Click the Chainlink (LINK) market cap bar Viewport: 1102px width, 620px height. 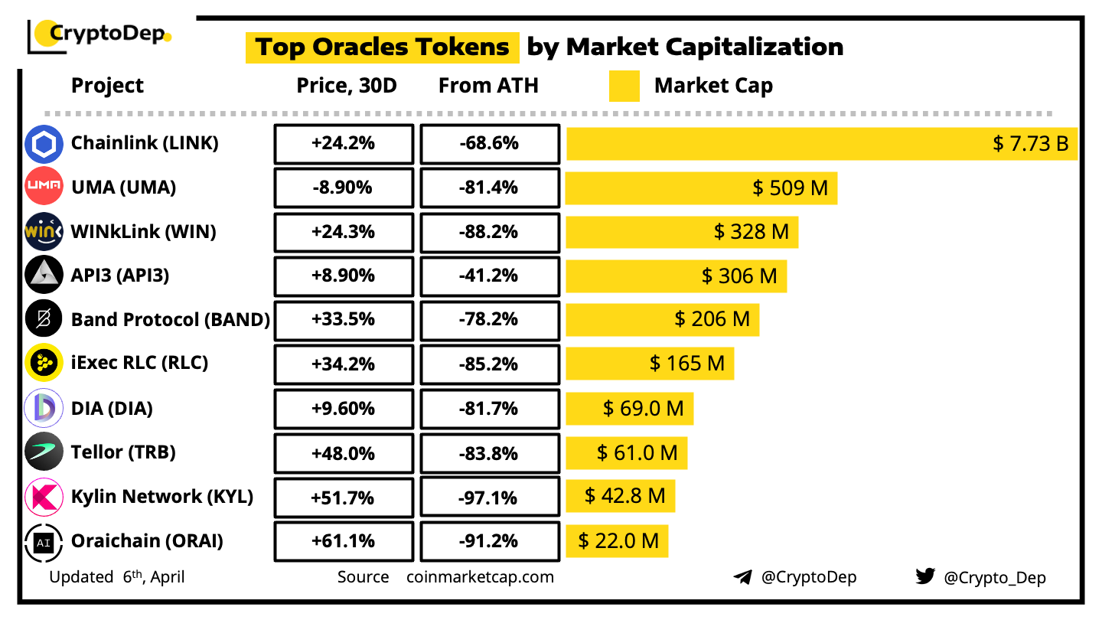[x=821, y=143]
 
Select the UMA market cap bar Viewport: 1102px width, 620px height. [x=701, y=188]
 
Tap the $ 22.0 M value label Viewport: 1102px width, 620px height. [x=618, y=541]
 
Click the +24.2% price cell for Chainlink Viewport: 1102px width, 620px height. [x=344, y=143]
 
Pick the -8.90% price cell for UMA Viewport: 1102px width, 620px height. [x=344, y=188]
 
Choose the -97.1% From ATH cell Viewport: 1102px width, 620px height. [x=489, y=498]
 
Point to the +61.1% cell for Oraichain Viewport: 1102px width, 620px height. [x=344, y=541]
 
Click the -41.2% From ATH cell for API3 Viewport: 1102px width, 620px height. [x=489, y=276]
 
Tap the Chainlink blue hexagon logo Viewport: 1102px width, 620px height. [x=44, y=144]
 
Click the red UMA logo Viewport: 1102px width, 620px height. [x=44, y=188]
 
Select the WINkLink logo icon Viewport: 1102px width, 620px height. [x=44, y=232]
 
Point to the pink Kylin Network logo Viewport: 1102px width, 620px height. [x=44, y=498]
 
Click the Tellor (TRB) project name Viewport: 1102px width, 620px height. [x=123, y=452]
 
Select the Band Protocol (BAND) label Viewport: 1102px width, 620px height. [x=170, y=319]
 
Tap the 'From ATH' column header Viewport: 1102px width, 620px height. [x=488, y=86]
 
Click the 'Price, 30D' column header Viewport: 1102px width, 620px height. [x=347, y=86]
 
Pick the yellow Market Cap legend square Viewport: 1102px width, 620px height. [x=624, y=86]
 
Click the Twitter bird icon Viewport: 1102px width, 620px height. [x=925, y=576]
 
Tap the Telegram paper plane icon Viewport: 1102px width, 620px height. [x=742, y=577]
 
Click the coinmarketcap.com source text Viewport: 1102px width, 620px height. [x=480, y=577]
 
